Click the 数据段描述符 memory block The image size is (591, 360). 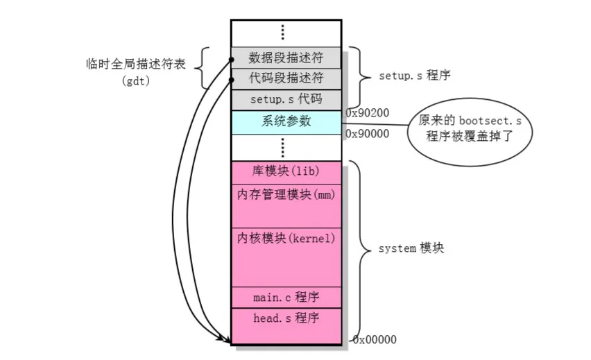(286, 57)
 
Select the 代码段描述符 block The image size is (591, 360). (286, 78)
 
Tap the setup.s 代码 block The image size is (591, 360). (286, 99)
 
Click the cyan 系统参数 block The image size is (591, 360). (286, 121)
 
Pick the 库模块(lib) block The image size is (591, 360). (286, 171)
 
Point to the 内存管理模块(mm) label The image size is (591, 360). (286, 195)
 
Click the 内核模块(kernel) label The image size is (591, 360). (286, 239)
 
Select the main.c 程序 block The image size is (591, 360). (286, 298)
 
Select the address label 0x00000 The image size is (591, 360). (374, 340)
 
